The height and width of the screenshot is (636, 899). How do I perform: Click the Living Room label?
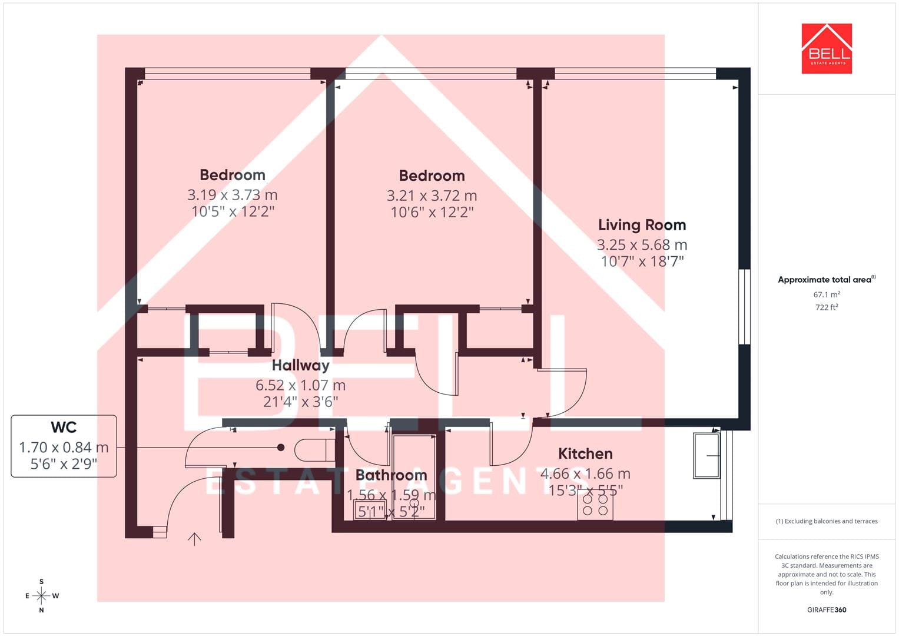(642, 225)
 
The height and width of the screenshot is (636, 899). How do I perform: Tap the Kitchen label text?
(585, 453)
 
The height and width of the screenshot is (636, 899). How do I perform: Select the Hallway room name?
(301, 365)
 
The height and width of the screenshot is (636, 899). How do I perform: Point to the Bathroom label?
(391, 475)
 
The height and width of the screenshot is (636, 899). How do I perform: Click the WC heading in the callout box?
(64, 427)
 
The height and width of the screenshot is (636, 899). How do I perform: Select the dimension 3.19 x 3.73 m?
(233, 195)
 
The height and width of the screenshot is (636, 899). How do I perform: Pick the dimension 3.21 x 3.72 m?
(432, 196)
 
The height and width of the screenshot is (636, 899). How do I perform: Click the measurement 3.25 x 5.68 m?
(642, 244)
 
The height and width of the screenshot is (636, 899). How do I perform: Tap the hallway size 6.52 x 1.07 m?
(301, 386)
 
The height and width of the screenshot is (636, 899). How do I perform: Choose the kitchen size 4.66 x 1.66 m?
(585, 474)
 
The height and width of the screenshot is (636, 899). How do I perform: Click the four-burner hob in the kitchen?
(595, 505)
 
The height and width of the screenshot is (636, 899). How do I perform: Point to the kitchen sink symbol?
(706, 455)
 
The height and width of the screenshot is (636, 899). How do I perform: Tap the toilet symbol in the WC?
(314, 450)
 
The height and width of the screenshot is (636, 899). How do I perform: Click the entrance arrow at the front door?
(194, 539)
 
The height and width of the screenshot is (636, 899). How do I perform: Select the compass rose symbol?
(41, 596)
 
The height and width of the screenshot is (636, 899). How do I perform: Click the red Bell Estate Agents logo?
(827, 48)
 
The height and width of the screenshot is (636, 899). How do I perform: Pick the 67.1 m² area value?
(827, 294)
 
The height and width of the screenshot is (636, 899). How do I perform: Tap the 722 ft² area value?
(827, 307)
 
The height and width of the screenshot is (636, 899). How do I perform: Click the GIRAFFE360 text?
(827, 610)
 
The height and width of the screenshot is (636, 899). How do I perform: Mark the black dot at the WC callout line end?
(281, 448)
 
